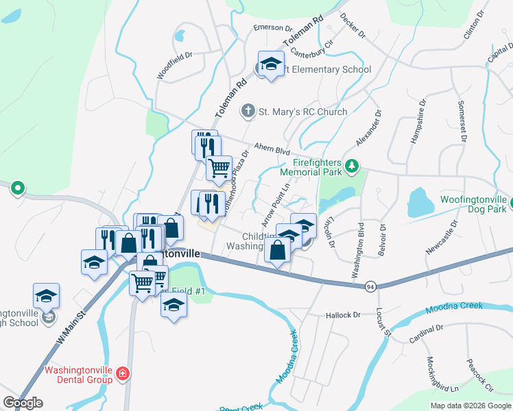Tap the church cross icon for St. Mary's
(x=248, y=111)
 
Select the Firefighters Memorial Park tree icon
(x=351, y=165)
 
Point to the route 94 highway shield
(x=370, y=285)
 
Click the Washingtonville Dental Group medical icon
(x=122, y=374)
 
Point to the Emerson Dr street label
(x=273, y=27)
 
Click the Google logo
(x=23, y=403)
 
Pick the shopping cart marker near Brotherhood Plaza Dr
(x=219, y=167)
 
